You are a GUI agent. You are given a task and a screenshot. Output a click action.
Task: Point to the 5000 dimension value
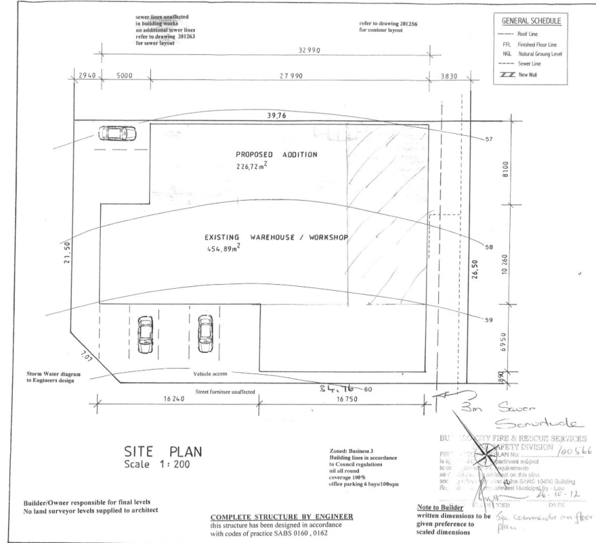pyautogui.click(x=124, y=76)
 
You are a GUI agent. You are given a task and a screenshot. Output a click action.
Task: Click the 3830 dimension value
pyautogui.click(x=449, y=77)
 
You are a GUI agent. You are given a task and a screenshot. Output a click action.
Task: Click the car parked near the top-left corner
pyautogui.click(x=113, y=133)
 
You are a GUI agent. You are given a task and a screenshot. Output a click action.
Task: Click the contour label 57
pyautogui.click(x=489, y=140)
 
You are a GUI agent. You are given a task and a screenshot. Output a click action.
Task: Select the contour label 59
pyautogui.click(x=489, y=321)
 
